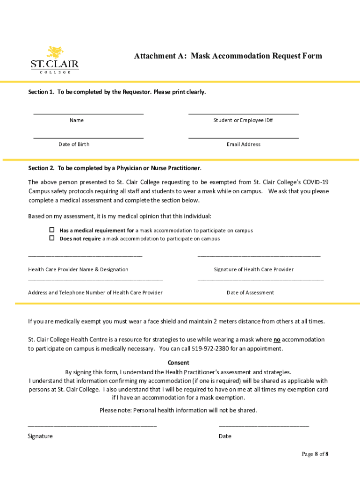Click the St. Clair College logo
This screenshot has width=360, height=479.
click(55, 59)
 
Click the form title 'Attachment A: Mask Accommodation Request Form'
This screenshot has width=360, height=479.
click(228, 56)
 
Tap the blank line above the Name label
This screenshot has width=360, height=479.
click(88, 114)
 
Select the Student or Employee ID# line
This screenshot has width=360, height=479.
click(243, 114)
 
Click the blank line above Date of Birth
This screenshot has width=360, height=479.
click(88, 138)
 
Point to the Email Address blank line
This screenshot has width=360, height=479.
click(243, 138)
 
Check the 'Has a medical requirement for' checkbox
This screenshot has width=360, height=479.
click(52, 230)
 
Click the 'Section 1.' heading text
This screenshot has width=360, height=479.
click(41, 92)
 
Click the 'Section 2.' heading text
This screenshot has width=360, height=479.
click(41, 168)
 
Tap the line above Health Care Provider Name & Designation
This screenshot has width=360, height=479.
click(85, 256)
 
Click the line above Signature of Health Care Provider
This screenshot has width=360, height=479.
click(259, 256)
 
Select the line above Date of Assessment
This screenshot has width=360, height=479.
click(260, 279)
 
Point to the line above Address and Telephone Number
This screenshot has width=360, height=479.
click(95, 279)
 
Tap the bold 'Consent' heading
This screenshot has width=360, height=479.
click(178, 363)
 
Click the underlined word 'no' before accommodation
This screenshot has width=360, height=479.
click(277, 340)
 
